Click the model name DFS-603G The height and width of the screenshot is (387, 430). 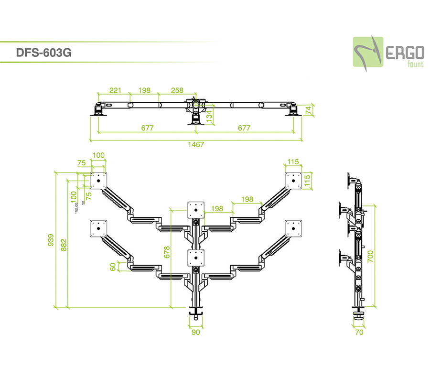coord(43,53)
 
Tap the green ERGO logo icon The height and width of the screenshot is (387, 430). coord(368,52)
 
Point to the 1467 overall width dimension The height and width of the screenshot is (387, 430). coord(196,144)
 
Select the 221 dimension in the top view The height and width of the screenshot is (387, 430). coord(115,90)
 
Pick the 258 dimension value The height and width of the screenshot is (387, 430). coord(177,90)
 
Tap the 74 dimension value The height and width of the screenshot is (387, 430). coord(308,109)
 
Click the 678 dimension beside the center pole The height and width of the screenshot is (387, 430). coord(167,252)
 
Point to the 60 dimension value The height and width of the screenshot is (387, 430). coord(113,266)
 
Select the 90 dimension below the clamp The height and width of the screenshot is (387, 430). coord(195,332)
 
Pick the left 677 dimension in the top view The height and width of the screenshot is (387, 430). coord(147,128)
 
